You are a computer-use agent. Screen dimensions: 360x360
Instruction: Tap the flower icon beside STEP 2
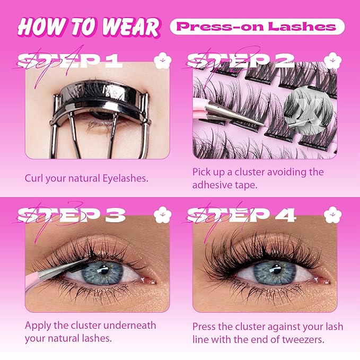[x=332, y=60]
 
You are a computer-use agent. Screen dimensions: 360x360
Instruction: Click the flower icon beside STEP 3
[x=160, y=214]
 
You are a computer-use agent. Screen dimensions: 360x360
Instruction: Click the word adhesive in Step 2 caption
[x=215, y=186]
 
